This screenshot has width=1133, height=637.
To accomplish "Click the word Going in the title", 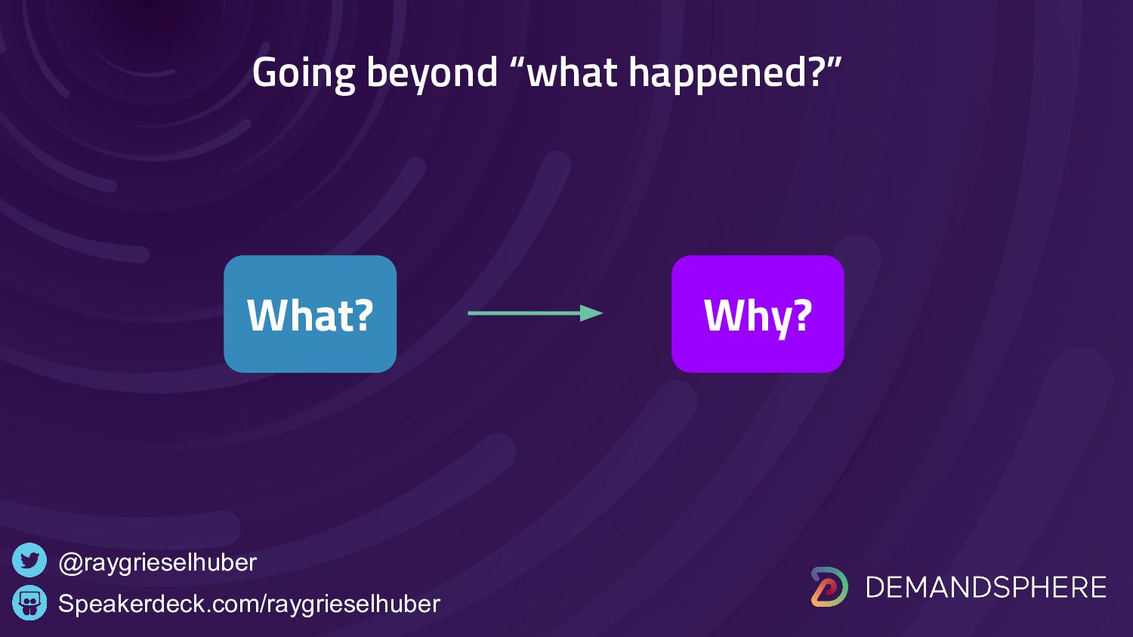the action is point(304,74).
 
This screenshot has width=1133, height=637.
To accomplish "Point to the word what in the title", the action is point(571,72).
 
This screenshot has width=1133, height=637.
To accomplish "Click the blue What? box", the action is point(310,314).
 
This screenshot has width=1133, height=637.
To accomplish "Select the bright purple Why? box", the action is point(758,314).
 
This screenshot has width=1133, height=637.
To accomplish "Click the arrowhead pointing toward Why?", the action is point(591,313).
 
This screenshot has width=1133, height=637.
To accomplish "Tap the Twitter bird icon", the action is point(29,560).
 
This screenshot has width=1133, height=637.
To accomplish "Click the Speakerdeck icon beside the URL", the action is point(29,602).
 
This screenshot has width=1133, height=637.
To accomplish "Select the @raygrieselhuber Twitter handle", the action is point(157,563).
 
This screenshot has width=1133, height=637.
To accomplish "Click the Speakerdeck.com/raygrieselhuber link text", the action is point(249,604).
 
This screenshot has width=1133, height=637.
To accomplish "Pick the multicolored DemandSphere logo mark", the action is point(829,587).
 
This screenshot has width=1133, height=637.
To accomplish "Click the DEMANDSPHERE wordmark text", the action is point(986,587).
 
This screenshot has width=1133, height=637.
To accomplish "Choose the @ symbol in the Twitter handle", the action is point(71,563).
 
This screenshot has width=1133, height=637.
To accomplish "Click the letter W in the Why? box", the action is point(726,315).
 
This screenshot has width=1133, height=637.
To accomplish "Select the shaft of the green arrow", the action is point(524,313).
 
